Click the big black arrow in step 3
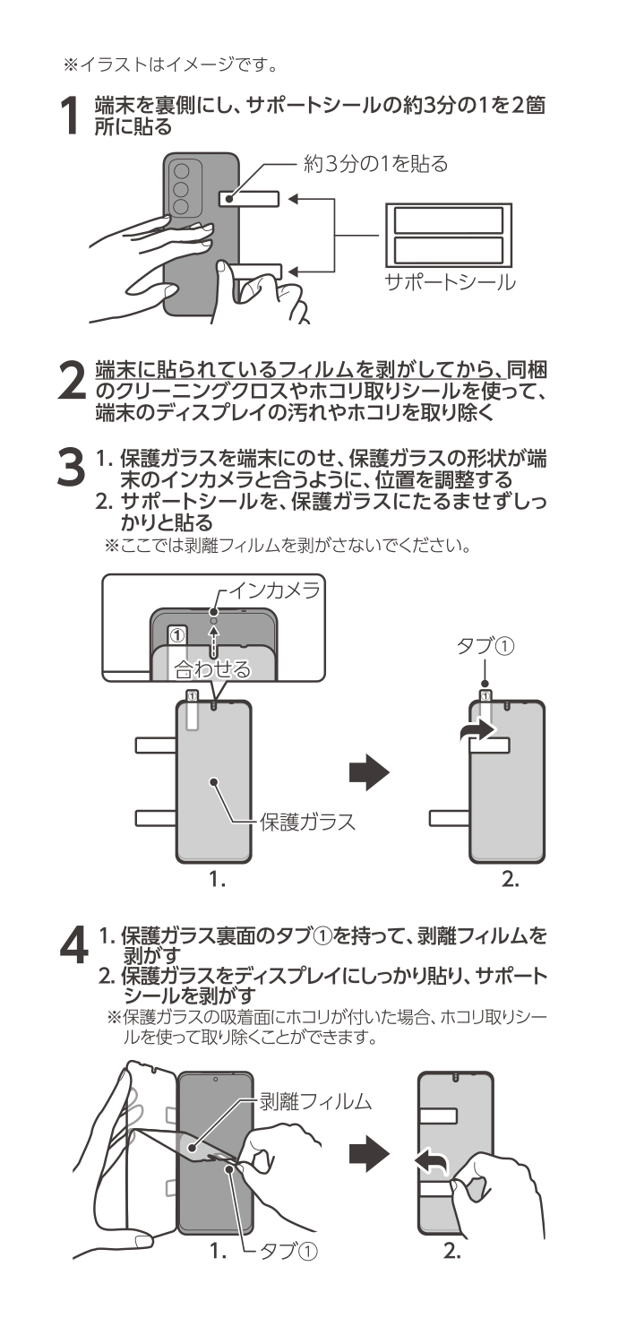point(370,772)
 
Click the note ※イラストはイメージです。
point(167,64)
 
